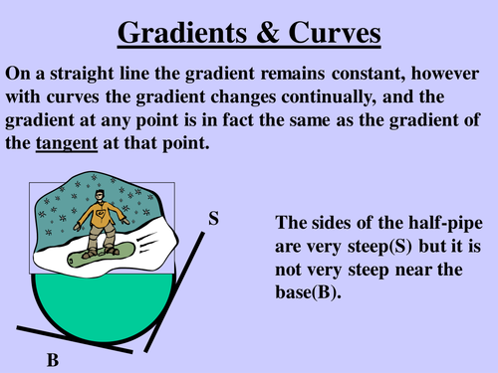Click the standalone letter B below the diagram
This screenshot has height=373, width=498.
52,362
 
